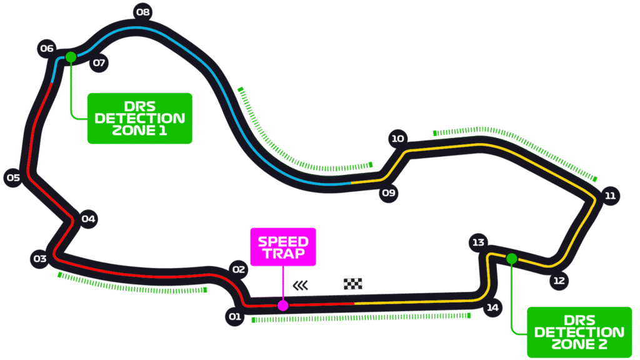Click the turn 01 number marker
coord(234,317)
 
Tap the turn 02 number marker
coord(238,270)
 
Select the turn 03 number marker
coord(40,259)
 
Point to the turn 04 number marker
coord(88,219)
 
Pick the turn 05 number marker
coord(13,178)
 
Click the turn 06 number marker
coord(47,49)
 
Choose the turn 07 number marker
coord(99,62)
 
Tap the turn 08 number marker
coord(143,12)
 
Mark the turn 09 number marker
coord(389,193)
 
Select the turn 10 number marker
coord(397,139)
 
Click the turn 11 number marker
coord(610,196)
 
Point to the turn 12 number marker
coord(559,281)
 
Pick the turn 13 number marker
coord(478,242)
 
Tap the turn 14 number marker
coord(493,307)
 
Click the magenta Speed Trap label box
coord(283,246)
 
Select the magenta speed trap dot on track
coord(283,306)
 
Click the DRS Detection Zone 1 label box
coord(139,119)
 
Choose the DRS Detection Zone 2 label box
coord(579,332)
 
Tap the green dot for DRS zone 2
coord(512,259)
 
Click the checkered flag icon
coord(353,284)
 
